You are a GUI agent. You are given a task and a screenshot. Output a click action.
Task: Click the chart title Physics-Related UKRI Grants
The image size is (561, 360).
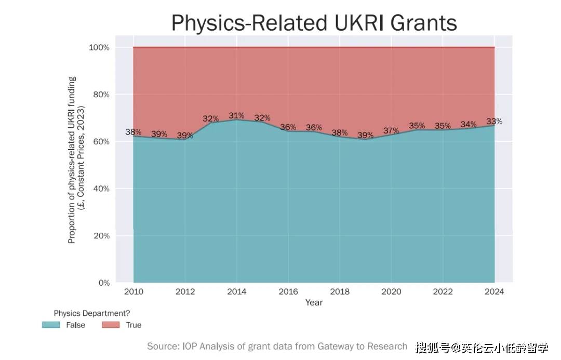coord(314,23)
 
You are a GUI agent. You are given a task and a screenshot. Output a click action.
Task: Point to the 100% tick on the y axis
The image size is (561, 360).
coord(98,47)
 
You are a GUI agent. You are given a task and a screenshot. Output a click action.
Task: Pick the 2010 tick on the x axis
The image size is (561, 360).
coord(133,292)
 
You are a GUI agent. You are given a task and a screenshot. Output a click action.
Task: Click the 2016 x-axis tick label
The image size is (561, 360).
coord(288,292)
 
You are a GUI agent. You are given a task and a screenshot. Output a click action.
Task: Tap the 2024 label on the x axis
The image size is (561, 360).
coord(494,292)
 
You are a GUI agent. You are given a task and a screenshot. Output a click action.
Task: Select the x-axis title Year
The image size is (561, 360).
coord(314,302)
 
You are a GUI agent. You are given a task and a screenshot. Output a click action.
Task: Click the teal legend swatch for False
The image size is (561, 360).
coord(51,325)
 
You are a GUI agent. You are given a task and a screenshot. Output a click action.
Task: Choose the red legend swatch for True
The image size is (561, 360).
coord(110,325)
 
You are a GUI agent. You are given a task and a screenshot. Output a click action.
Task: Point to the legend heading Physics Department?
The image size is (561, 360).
coord(91,313)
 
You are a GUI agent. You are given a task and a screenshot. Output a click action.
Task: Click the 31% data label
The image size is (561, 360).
coord(236,115)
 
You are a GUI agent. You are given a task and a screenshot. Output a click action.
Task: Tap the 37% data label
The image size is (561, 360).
coord(391,130)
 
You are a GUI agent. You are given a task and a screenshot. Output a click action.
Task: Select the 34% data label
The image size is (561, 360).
coord(468,124)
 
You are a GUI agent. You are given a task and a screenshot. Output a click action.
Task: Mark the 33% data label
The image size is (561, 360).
coord(494,121)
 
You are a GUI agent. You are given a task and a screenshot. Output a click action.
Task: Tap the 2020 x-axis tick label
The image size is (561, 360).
coord(391,292)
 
